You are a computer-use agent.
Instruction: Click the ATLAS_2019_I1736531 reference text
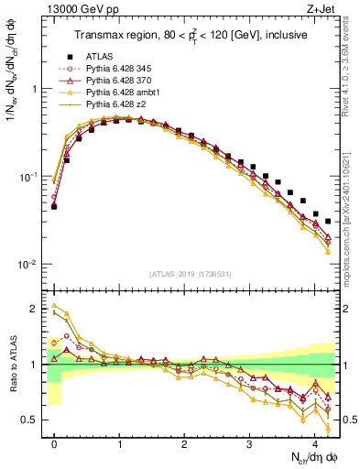pos(191,273)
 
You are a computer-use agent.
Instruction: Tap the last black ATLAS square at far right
pos(328,222)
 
